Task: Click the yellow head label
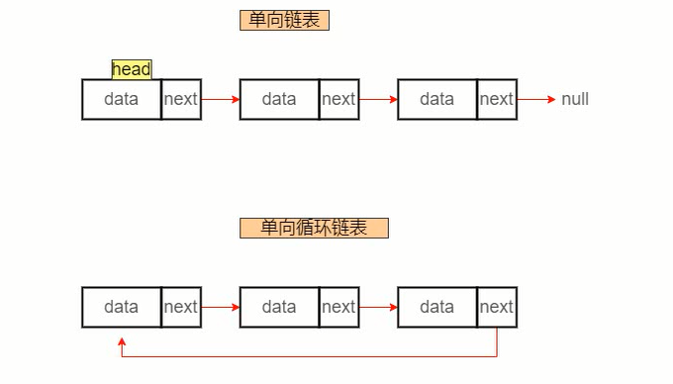pyautogui.click(x=132, y=69)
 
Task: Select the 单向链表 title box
pyautogui.click(x=284, y=21)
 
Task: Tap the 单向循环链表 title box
pyautogui.click(x=314, y=228)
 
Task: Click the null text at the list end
pyautogui.click(x=575, y=99)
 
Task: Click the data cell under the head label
pyautogui.click(x=121, y=99)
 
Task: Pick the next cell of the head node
pyautogui.click(x=181, y=99)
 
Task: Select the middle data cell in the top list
pyautogui.click(x=279, y=99)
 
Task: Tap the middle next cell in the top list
pyautogui.click(x=338, y=99)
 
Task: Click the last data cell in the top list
pyautogui.click(x=436, y=99)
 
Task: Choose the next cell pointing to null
pyautogui.click(x=497, y=99)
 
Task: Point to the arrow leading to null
pyautogui.click(x=536, y=99)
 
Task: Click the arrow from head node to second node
pyautogui.click(x=221, y=99)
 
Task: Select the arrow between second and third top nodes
pyautogui.click(x=378, y=99)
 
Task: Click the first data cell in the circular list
pyautogui.click(x=121, y=307)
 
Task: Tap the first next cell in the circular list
pyautogui.click(x=181, y=307)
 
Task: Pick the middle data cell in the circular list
pyautogui.click(x=279, y=307)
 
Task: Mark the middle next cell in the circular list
pyautogui.click(x=338, y=307)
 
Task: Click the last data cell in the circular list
pyautogui.click(x=436, y=307)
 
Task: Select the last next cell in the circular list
pyautogui.click(x=497, y=307)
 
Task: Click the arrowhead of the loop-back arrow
pyautogui.click(x=121, y=341)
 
